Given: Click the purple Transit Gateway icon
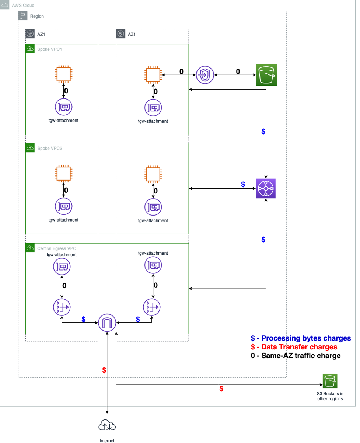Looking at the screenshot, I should click(266, 188).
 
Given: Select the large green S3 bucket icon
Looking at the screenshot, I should click(266, 75).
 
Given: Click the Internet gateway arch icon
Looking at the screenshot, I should click(107, 323).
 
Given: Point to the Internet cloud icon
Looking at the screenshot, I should click(107, 426).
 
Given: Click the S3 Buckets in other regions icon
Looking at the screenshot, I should click(330, 381).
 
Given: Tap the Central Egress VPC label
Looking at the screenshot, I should click(57, 248).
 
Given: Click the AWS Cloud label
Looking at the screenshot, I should click(23, 6).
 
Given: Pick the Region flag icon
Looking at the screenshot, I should click(23, 16).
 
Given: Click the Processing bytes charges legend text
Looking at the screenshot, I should click(306, 338).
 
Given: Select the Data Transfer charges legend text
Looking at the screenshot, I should click(299, 347).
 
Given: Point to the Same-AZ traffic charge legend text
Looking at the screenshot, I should click(301, 356).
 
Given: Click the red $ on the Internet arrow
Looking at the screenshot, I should click(104, 370).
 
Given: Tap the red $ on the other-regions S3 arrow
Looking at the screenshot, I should click(221, 388).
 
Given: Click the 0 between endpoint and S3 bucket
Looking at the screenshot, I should click(238, 71).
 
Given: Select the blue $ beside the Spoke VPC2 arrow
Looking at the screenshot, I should click(243, 184).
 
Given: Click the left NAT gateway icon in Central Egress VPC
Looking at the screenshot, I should click(62, 307).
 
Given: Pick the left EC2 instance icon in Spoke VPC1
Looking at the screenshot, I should click(64, 74).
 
